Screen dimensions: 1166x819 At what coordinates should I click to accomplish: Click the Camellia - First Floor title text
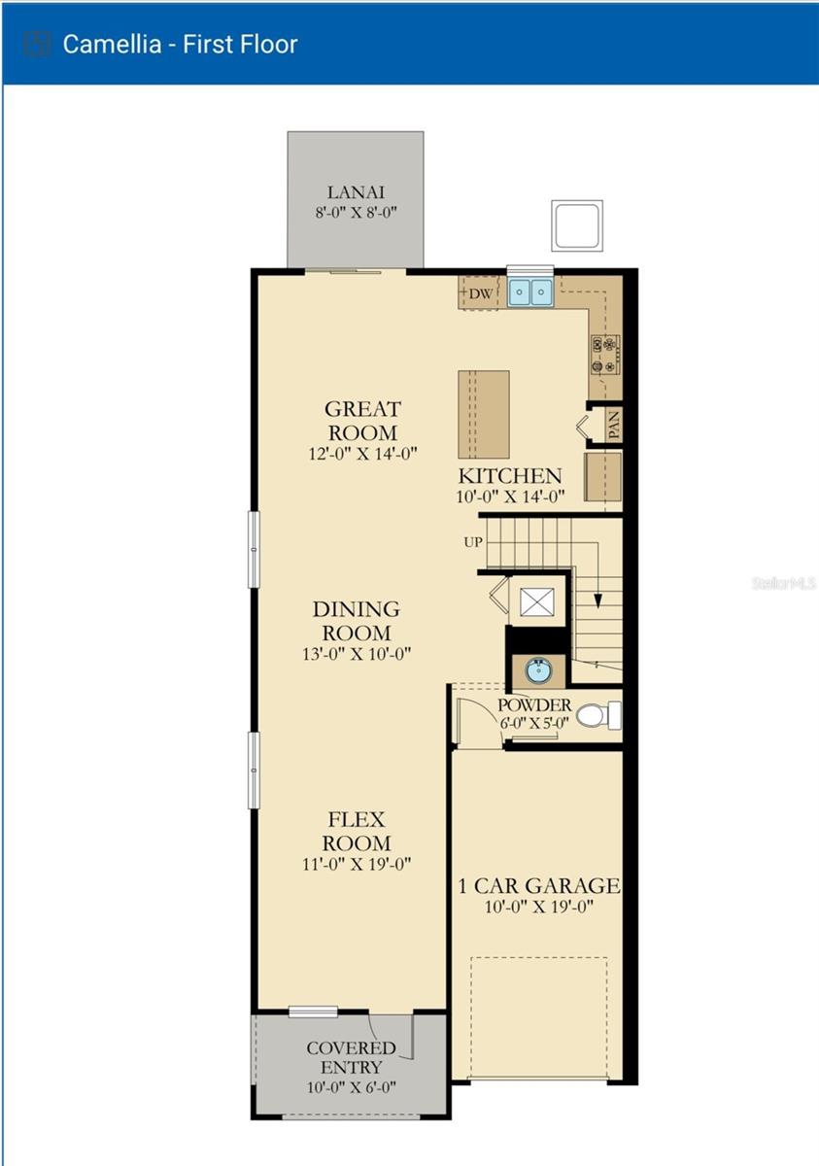[180, 44]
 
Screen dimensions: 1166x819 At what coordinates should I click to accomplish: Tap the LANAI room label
[356, 191]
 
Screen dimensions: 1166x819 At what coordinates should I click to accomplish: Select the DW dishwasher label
[480, 292]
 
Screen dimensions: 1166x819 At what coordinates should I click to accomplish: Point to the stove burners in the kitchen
[604, 354]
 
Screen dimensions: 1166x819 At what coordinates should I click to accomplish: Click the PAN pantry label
[613, 425]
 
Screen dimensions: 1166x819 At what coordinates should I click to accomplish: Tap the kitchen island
[484, 414]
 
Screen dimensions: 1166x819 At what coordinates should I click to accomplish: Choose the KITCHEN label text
[510, 476]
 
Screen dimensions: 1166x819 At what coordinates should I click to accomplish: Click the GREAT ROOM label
[361, 421]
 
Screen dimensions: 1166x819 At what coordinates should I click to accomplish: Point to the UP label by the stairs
[473, 541]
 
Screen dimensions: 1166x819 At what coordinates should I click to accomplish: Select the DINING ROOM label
[356, 621]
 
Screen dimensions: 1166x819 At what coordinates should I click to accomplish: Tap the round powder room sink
[537, 669]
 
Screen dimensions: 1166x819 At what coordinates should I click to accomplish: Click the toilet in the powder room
[597, 716]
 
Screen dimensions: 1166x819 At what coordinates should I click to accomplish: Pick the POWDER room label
[534, 704]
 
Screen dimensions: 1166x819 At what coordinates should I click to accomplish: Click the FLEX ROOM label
[357, 831]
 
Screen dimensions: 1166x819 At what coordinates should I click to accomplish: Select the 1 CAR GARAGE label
[539, 885]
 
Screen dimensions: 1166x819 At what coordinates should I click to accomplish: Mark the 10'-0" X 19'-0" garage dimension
[540, 907]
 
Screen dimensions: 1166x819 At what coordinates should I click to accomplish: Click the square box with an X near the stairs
[535, 601]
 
